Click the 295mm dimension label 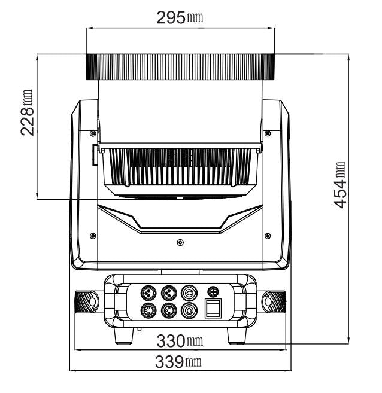180,17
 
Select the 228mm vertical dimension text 26,112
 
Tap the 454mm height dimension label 339,185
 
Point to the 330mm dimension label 180,341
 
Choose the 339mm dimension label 178,362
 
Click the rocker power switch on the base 213,308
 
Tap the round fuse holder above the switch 213,291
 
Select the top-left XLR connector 148,293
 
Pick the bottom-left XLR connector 148,311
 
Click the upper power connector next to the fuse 189,293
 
